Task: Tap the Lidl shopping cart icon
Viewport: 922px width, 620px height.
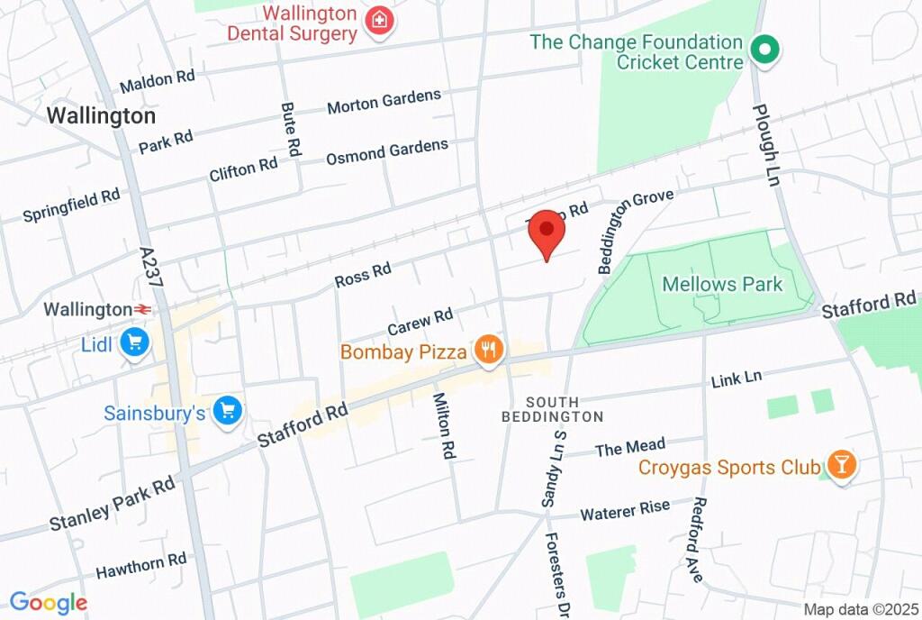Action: click(135, 342)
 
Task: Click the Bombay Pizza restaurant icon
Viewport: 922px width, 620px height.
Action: click(489, 351)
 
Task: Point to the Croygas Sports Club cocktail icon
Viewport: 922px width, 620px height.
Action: click(841, 466)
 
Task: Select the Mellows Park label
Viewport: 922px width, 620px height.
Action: click(722, 285)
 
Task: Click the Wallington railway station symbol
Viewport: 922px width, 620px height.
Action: click(142, 310)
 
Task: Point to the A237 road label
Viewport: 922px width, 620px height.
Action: click(151, 268)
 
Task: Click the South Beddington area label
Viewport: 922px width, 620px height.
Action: click(552, 409)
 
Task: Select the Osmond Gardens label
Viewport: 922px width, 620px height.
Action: click(386, 151)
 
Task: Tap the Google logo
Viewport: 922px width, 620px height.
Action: click(48, 603)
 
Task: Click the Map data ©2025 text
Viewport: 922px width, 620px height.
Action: click(858, 609)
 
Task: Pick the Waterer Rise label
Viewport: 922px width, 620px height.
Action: click(625, 511)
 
